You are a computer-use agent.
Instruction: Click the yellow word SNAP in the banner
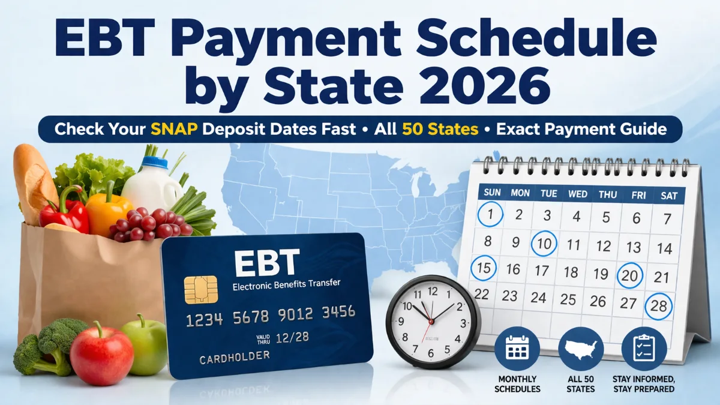[174, 129]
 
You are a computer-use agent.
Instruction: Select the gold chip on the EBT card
[201, 290]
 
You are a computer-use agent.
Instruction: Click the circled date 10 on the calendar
[544, 244]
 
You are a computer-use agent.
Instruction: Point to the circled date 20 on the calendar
[629, 275]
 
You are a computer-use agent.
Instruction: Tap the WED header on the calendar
[578, 194]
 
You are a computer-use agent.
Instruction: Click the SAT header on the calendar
[669, 196]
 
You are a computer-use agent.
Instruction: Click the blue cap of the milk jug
[155, 162]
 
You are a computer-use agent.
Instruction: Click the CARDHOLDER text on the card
[235, 358]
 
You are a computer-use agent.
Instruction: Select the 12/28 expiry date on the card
[292, 337]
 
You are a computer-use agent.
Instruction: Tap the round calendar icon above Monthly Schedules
[517, 349]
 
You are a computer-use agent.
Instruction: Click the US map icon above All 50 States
[581, 349]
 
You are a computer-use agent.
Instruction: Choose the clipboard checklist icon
[644, 349]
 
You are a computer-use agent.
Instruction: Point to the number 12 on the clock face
[433, 292]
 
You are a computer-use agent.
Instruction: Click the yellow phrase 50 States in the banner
[440, 129]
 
